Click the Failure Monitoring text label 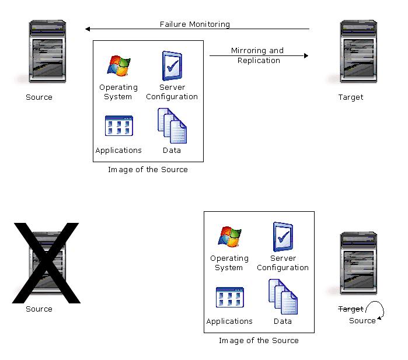click(x=195, y=25)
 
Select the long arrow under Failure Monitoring click(x=197, y=29)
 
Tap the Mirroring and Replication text click(x=257, y=55)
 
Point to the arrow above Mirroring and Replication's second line click(x=259, y=56)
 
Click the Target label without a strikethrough click(x=351, y=97)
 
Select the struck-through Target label click(x=351, y=309)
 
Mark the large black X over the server click(x=46, y=263)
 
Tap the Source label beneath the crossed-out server click(x=39, y=309)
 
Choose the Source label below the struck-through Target click(x=362, y=321)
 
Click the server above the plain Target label click(x=358, y=53)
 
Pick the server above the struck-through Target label click(x=358, y=264)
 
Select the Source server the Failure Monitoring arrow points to click(x=47, y=53)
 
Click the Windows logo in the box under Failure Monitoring click(x=118, y=66)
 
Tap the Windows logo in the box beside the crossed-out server click(x=229, y=237)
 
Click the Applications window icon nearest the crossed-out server click(x=229, y=298)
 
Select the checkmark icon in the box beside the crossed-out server click(x=283, y=237)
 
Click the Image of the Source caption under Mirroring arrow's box click(x=148, y=170)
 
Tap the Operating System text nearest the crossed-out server click(x=229, y=263)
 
